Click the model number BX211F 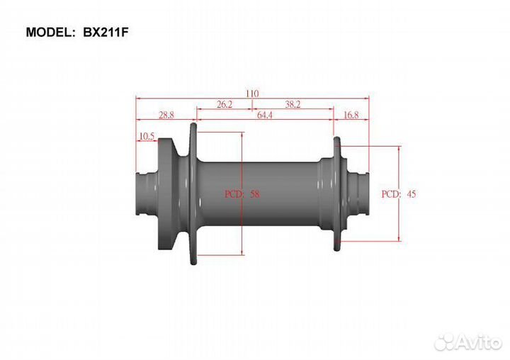(x=106, y=32)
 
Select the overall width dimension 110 (x=252, y=94)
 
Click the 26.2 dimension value (x=225, y=104)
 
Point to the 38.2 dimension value (x=293, y=104)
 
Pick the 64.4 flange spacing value (x=265, y=115)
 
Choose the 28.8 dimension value (x=166, y=115)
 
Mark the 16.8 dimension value (x=351, y=115)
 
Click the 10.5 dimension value (x=147, y=136)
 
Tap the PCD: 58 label (x=242, y=194)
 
